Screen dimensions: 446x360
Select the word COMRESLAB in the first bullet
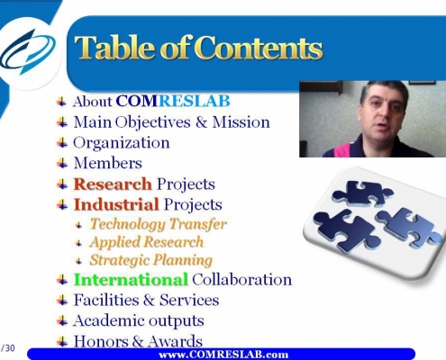coord(173,101)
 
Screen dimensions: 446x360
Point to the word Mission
coord(241,122)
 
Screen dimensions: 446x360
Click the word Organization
coord(122,142)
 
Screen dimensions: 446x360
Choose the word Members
coord(108,163)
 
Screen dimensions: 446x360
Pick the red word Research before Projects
coord(113,184)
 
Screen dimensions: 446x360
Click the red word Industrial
coord(116,204)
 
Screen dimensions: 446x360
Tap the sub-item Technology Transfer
coord(159,224)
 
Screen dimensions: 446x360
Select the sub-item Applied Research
coord(147,242)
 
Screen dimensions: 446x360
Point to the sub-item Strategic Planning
coord(151,260)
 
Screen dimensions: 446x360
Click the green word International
coord(131,280)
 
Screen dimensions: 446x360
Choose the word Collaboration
coord(242,280)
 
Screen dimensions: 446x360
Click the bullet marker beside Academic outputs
coord(62,321)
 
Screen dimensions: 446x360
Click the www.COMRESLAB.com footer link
coord(223,355)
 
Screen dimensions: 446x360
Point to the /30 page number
coord(8,348)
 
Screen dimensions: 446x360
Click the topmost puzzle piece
coord(362,193)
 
